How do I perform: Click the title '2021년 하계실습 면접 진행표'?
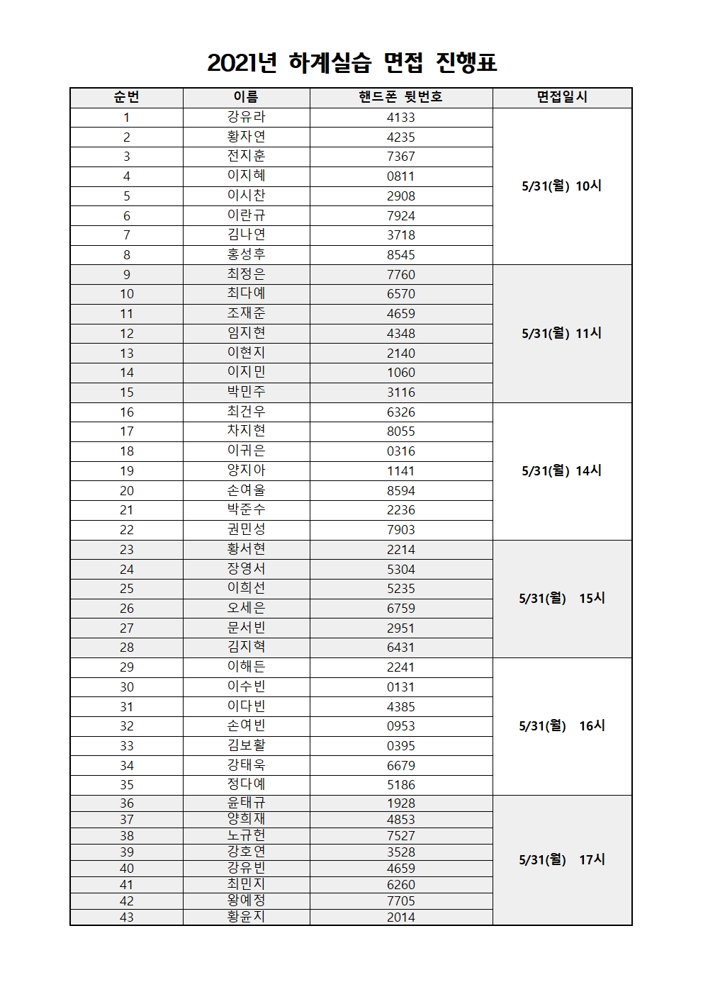click(x=351, y=63)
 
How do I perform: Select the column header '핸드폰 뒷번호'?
click(x=400, y=97)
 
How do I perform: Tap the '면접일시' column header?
click(x=562, y=97)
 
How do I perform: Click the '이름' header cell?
click(x=246, y=97)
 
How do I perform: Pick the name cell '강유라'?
click(x=246, y=117)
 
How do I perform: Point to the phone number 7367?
click(x=400, y=157)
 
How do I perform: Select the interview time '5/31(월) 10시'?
click(x=561, y=186)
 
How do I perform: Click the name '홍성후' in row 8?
click(x=246, y=254)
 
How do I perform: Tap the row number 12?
click(x=127, y=333)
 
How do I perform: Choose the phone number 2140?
click(x=400, y=353)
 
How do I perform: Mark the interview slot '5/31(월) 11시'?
click(x=561, y=333)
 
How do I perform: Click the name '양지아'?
click(x=246, y=470)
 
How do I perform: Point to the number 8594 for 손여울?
click(x=400, y=490)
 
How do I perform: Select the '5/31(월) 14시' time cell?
click(x=561, y=470)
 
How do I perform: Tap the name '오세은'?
click(x=246, y=608)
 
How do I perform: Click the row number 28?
click(x=127, y=648)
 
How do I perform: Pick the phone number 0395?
click(x=400, y=746)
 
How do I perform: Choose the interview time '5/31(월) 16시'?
click(x=561, y=725)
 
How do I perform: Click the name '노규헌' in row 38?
click(x=246, y=835)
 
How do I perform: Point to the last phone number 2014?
click(x=400, y=917)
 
